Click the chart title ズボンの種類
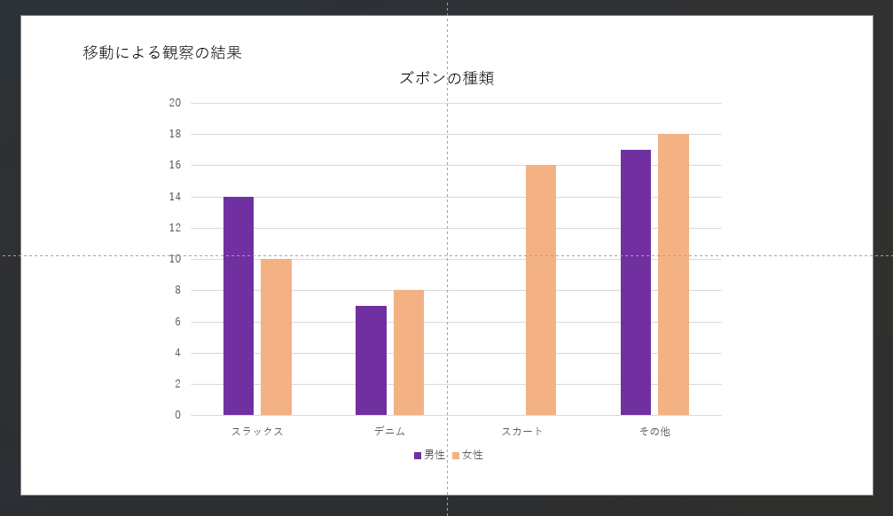pyautogui.click(x=446, y=78)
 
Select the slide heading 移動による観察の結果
pyautogui.click(x=162, y=52)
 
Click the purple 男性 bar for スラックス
pyautogui.click(x=239, y=306)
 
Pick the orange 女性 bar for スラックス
pyautogui.click(x=276, y=337)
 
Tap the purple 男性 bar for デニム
pyautogui.click(x=371, y=360)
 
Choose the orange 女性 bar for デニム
pyautogui.click(x=409, y=353)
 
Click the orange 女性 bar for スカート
pyautogui.click(x=541, y=290)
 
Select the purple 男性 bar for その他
pyautogui.click(x=636, y=282)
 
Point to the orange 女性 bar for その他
pyautogui.click(x=673, y=275)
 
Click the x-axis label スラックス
pyautogui.click(x=257, y=432)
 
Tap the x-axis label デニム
pyautogui.click(x=389, y=432)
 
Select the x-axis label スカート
pyautogui.click(x=521, y=432)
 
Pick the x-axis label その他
pyautogui.click(x=654, y=432)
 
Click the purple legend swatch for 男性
pyautogui.click(x=418, y=456)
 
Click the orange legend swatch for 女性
pyautogui.click(x=456, y=456)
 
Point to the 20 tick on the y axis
pyautogui.click(x=175, y=103)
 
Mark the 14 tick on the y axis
pyautogui.click(x=175, y=197)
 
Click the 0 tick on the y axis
pyautogui.click(x=177, y=415)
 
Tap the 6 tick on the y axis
pyautogui.click(x=177, y=322)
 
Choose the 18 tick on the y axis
pyautogui.click(x=175, y=134)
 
